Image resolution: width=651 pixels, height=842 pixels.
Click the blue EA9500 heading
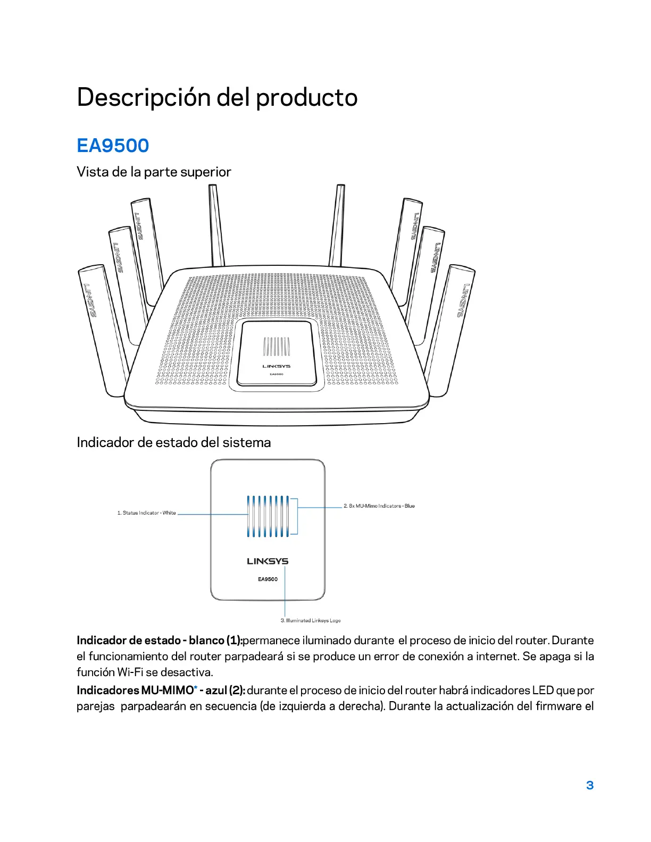113,146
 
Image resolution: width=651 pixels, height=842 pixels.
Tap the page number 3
589,785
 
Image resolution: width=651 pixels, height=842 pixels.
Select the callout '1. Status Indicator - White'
146,513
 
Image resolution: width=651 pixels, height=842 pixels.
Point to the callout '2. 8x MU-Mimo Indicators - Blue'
379,506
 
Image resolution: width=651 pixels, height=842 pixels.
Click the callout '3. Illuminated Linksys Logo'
311,620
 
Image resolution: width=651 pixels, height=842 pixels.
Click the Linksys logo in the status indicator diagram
268,561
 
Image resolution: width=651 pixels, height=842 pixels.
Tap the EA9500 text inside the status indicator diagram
268,579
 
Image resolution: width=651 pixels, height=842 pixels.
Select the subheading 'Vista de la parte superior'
154,172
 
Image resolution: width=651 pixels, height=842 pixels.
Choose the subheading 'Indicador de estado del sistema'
173,442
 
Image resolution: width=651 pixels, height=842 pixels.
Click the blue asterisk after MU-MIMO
196,689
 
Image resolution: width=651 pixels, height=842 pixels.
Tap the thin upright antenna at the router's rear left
216,226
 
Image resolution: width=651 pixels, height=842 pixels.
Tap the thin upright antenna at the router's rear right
337,226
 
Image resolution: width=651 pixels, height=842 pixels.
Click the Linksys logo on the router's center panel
277,366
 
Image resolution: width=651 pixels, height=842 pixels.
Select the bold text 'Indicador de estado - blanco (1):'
159,641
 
